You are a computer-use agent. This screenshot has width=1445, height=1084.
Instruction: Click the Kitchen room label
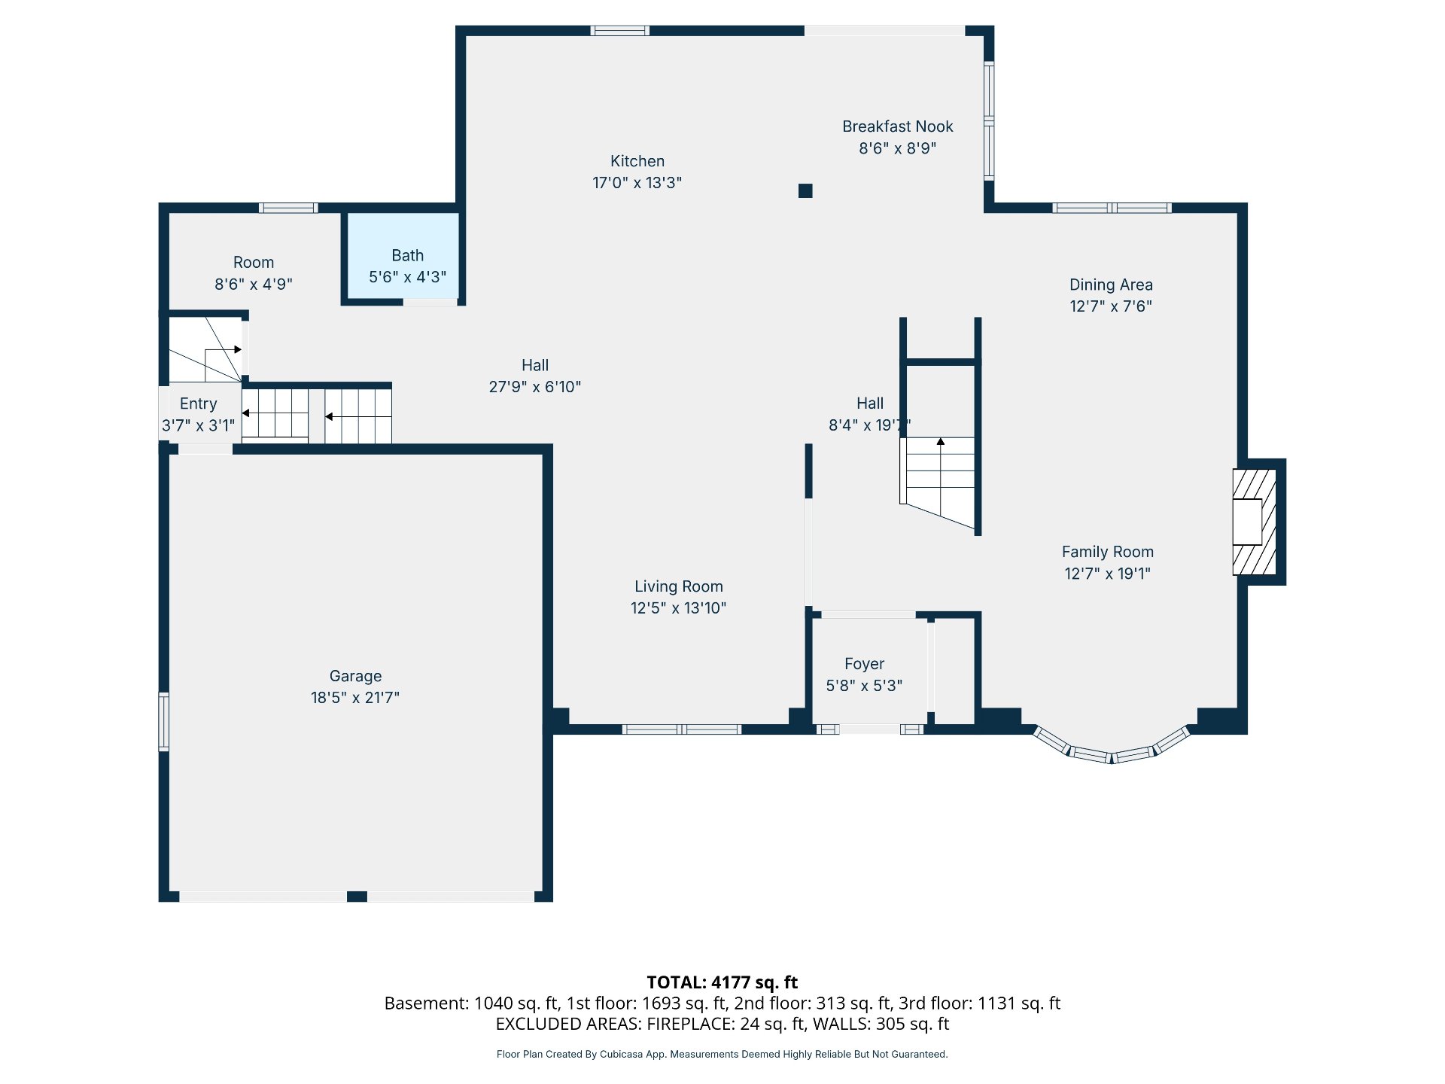tap(637, 161)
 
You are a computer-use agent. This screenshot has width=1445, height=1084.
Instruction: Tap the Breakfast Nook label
tap(898, 126)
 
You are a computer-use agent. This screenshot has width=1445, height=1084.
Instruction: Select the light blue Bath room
tap(403, 256)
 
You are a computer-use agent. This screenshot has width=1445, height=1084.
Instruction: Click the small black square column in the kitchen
tap(805, 190)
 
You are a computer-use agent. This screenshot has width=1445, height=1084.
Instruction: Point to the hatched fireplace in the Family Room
tap(1255, 522)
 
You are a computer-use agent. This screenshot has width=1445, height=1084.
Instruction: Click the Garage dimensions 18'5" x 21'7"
tap(355, 698)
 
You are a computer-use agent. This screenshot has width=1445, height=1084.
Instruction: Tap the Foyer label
tap(864, 664)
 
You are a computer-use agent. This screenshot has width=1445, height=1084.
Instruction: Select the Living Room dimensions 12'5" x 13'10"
tap(679, 608)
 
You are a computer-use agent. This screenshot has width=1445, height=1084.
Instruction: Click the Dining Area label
tap(1111, 285)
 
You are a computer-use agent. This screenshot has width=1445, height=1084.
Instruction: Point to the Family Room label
tap(1108, 552)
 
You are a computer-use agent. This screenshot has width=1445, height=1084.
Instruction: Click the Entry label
tap(198, 403)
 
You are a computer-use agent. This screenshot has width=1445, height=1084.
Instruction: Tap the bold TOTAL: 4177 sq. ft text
tap(722, 982)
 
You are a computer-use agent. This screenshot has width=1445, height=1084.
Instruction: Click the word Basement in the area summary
tap(427, 1003)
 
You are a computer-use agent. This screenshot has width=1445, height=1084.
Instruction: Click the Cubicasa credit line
tap(722, 1054)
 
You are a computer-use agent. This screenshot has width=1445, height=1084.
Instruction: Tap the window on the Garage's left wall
tap(163, 722)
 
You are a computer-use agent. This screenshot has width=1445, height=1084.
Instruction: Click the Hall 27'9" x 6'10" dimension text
tap(535, 387)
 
